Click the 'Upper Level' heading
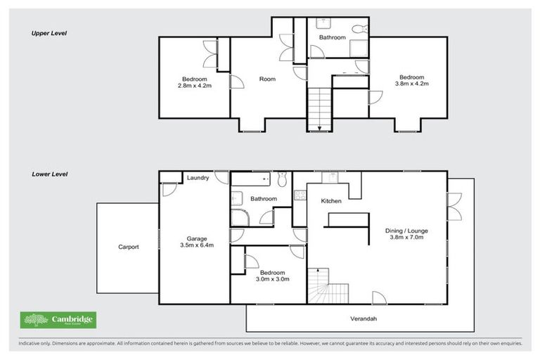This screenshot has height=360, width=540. pyautogui.click(x=49, y=33)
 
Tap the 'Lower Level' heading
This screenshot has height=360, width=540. pyautogui.click(x=49, y=174)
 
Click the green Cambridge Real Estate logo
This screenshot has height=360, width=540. pyautogui.click(x=58, y=320)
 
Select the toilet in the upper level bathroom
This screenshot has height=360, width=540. pyautogui.click(x=358, y=29)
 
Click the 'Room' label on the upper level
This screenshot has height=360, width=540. pyautogui.click(x=267, y=79)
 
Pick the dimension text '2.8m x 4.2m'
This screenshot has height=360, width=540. pyautogui.click(x=194, y=85)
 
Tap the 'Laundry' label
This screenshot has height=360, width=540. pyautogui.click(x=198, y=178)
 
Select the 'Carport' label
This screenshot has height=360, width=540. pyautogui.click(x=128, y=247)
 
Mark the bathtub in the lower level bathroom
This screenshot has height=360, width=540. pyautogui.click(x=254, y=181)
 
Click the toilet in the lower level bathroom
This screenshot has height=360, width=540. pyautogui.click(x=282, y=181)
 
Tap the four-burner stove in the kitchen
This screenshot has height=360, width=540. pyautogui.click(x=298, y=196)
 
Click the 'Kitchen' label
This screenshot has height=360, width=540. pyautogui.click(x=331, y=201)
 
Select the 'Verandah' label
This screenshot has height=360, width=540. pyautogui.click(x=365, y=319)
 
